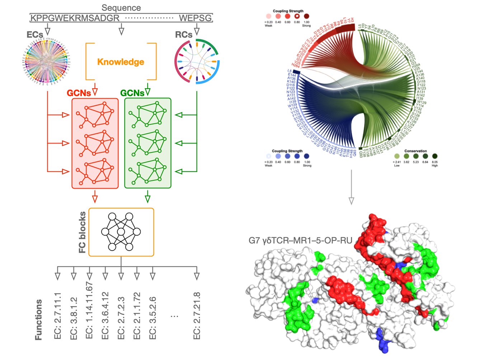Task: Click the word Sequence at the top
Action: pyautogui.click(x=121, y=8)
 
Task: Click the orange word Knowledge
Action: pyautogui.click(x=121, y=62)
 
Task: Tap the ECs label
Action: pyautogui.click(x=35, y=35)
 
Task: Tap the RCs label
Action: pyautogui.click(x=183, y=35)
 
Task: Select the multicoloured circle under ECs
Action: pyautogui.click(x=46, y=62)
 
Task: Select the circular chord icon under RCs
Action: pyautogui.click(x=197, y=61)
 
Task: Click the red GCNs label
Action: pyautogui.click(x=79, y=93)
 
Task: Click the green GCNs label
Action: pyautogui.click(x=132, y=93)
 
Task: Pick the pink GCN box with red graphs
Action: pyautogui.click(x=95, y=143)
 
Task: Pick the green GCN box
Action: pyautogui.click(x=148, y=143)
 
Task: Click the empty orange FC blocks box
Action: pyautogui.click(x=121, y=232)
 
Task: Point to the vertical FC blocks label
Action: pyautogui.click(x=83, y=232)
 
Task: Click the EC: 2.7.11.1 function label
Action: pyautogui.click(x=58, y=316)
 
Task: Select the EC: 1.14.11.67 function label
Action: pyautogui.click(x=89, y=311)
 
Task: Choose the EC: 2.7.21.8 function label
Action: pyautogui.click(x=197, y=316)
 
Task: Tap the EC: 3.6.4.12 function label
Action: pyautogui.click(x=105, y=316)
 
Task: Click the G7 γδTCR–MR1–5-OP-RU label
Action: pyautogui.click(x=300, y=241)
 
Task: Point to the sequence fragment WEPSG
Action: pyautogui.click(x=195, y=18)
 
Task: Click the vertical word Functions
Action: pyautogui.click(x=39, y=320)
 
